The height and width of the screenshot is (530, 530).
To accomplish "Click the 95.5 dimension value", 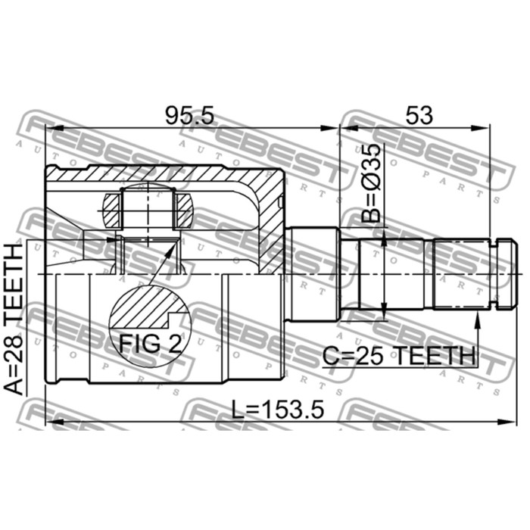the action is [x=189, y=116].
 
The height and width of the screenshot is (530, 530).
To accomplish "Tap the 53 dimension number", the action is [x=419, y=115].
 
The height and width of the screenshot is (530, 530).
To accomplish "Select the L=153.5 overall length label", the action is [x=278, y=410].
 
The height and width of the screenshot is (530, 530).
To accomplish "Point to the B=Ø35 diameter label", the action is [x=371, y=183].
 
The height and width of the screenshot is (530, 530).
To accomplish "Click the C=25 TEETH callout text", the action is [x=399, y=356].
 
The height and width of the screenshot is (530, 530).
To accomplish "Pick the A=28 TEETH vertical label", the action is [x=14, y=320].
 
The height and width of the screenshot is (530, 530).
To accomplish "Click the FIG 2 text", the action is [x=150, y=344].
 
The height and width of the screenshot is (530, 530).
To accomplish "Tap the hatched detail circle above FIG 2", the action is [x=150, y=307].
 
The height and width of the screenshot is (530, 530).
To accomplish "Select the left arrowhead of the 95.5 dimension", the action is [x=55, y=128].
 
